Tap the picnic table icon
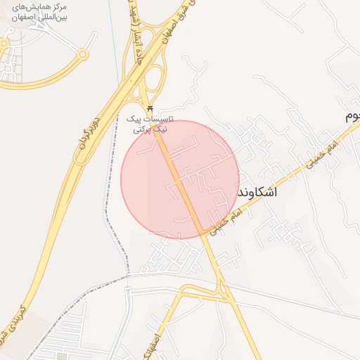coord(149,108)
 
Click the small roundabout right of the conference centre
coord(84,53)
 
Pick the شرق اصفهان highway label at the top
coord(176,21)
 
